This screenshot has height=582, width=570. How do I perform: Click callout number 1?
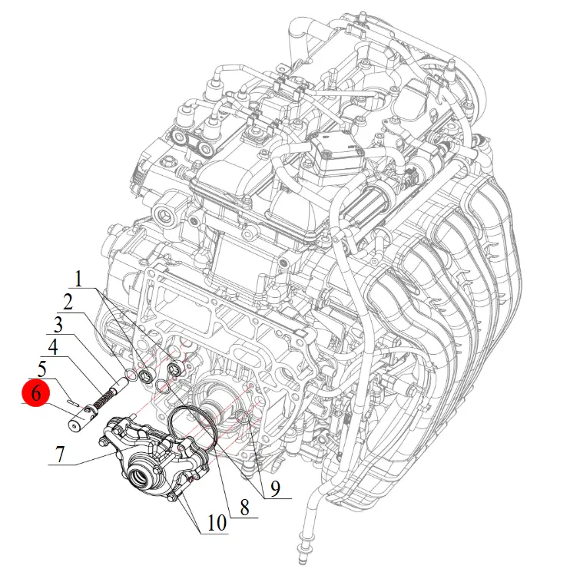(78, 279)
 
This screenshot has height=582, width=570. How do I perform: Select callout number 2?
(68, 303)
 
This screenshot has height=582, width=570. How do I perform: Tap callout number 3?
(58, 325)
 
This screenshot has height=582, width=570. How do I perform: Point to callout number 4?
(53, 347)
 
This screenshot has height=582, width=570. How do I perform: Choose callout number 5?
(42, 369)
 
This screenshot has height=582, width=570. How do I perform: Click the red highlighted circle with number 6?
(35, 392)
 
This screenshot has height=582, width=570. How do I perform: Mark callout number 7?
(60, 455)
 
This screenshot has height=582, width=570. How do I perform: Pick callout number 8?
(244, 507)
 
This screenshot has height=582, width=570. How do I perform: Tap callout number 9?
(275, 488)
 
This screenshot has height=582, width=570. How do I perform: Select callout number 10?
(217, 524)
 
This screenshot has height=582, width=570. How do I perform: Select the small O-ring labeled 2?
(131, 374)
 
